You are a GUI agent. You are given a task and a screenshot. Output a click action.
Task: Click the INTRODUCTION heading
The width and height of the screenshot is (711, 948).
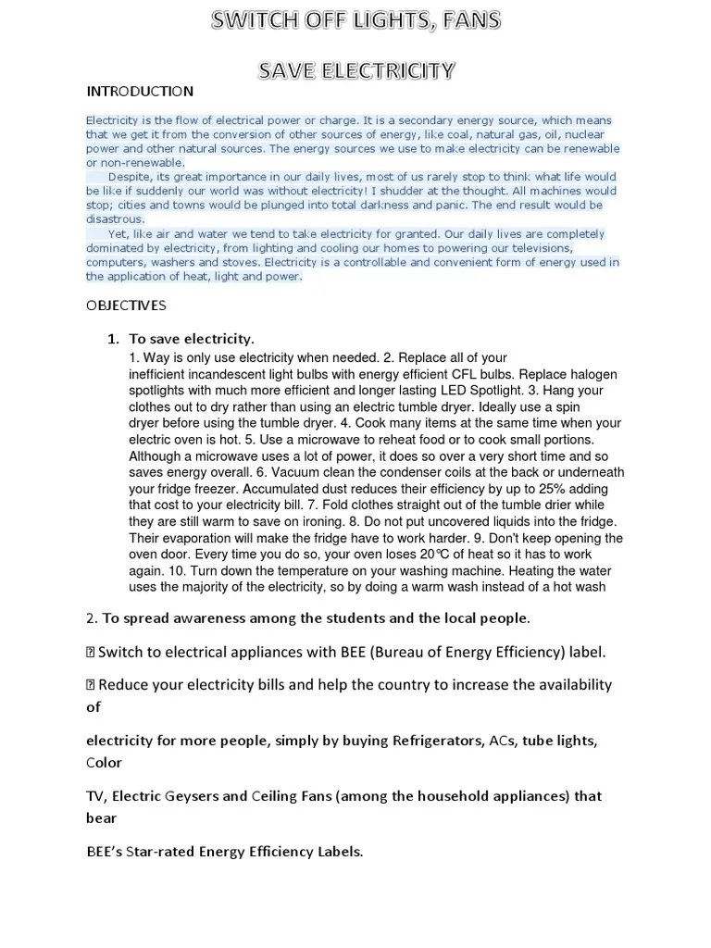(x=140, y=91)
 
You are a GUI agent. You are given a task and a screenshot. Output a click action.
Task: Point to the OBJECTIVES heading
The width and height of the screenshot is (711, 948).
(x=126, y=305)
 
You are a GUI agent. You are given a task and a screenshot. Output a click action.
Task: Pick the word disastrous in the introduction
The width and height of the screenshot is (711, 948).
(x=115, y=219)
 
